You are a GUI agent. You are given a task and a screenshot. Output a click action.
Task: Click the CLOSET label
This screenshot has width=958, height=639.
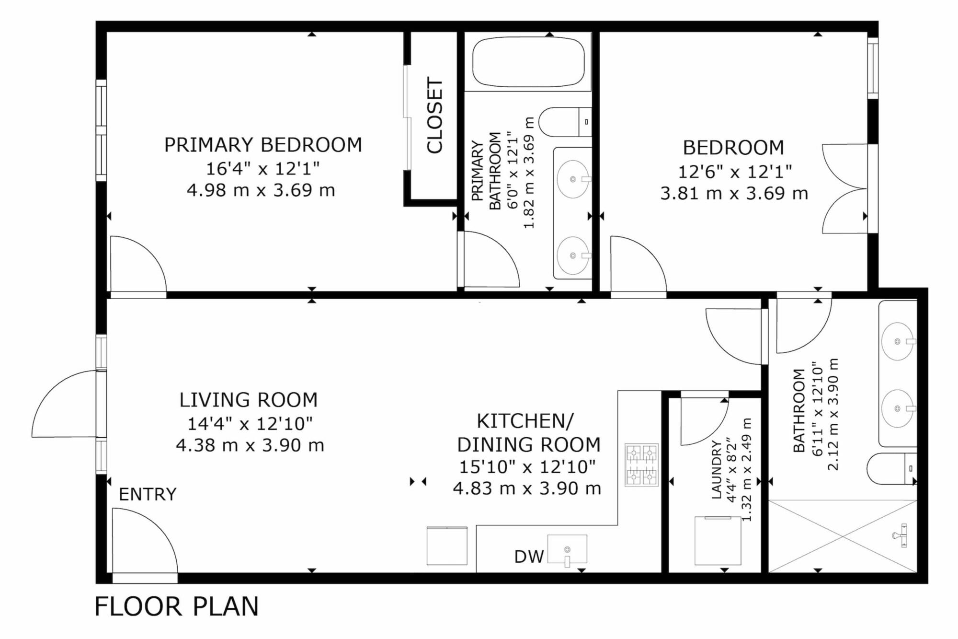click(x=435, y=115)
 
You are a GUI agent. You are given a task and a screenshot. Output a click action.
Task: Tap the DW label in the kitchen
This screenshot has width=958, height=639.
click(x=529, y=557)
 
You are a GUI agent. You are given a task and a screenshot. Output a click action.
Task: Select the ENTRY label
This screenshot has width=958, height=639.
click(x=148, y=494)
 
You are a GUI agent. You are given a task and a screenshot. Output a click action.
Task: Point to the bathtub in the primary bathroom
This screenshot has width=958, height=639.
click(x=528, y=62)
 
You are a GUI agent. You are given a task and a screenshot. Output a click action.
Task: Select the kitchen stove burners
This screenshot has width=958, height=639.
click(x=641, y=465)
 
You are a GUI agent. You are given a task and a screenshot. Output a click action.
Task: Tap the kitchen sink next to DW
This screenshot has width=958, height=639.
click(x=567, y=549)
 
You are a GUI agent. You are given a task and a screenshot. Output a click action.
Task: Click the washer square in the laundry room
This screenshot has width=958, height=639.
click(x=718, y=541)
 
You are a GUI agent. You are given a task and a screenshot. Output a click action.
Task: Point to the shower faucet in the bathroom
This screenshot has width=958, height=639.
click(x=901, y=535)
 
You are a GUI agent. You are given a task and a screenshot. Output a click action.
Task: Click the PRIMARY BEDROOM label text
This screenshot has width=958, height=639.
click(x=263, y=145)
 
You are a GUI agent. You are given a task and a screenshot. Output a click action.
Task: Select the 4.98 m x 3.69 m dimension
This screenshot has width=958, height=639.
click(x=261, y=190)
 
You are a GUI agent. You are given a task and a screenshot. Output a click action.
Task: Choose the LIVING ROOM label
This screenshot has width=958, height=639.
click(x=249, y=400)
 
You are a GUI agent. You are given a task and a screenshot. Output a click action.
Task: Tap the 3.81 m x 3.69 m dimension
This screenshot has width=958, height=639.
click(x=734, y=193)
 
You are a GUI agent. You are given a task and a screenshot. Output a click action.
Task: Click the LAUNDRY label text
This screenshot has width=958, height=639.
click(x=717, y=470)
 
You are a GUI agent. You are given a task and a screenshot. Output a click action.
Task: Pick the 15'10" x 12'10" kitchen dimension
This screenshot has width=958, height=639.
click(x=527, y=466)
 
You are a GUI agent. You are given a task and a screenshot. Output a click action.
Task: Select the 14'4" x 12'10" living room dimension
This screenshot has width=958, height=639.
click(x=250, y=423)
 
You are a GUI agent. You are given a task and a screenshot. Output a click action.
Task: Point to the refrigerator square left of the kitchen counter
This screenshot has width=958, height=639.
click(x=447, y=546)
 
